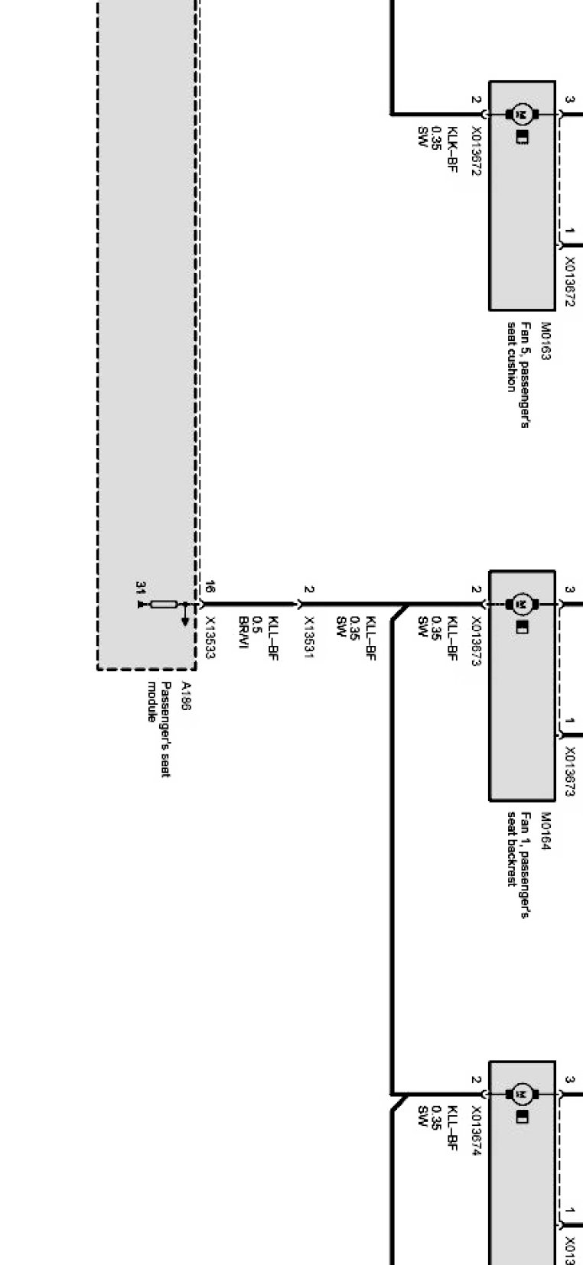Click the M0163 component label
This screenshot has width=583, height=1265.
coord(546,341)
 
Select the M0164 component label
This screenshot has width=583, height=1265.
coord(546,831)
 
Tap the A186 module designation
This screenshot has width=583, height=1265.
coord(185,696)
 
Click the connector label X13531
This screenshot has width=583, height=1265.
coord(308,637)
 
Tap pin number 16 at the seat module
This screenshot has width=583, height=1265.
coord(210,588)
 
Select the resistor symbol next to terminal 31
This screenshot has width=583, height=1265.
coord(163,605)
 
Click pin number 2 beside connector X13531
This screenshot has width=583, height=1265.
coord(308,589)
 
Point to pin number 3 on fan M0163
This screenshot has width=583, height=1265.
coord(570,99)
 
